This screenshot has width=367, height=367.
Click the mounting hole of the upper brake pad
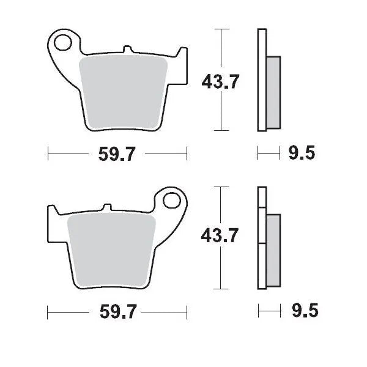click(62, 42)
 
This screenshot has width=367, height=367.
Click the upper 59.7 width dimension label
click(117, 155)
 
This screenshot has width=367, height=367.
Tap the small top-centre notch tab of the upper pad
click(126, 49)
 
